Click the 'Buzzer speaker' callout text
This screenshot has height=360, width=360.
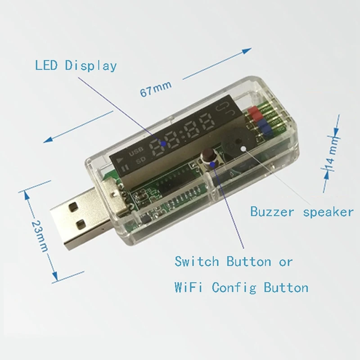301,211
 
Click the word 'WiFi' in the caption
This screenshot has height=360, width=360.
189,287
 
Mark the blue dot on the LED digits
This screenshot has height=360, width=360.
164,144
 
